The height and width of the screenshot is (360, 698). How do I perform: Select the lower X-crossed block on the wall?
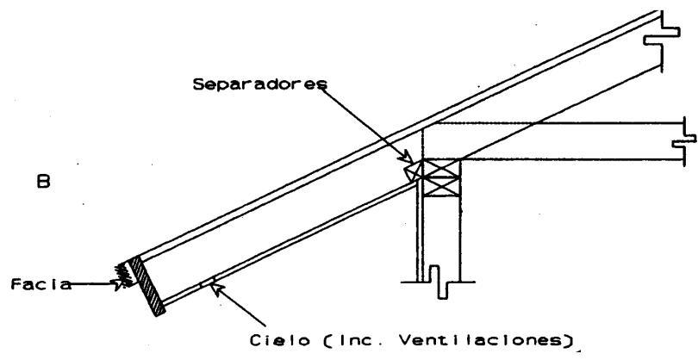pos(439,185)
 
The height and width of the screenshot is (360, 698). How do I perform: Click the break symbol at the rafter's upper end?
pos(654,40)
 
